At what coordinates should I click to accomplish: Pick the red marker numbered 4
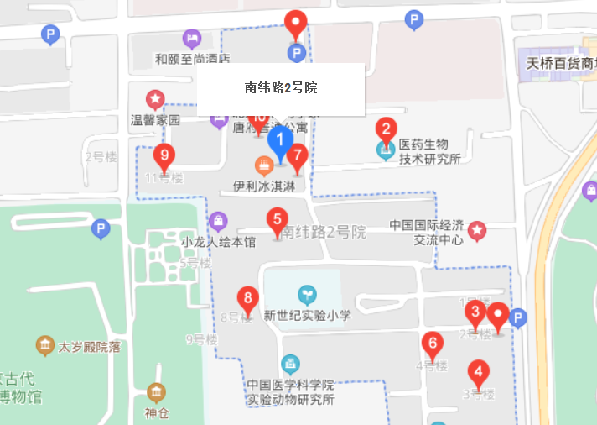[x=479, y=371]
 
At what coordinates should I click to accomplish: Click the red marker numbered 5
[x=277, y=220]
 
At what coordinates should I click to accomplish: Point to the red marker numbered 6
[x=433, y=344]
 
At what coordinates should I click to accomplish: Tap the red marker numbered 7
[x=297, y=155]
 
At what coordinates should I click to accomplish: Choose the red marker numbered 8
[x=247, y=298]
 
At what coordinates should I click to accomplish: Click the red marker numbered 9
[x=164, y=156]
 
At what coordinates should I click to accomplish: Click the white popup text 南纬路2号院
[x=280, y=88]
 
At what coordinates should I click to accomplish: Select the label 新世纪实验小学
[x=307, y=315]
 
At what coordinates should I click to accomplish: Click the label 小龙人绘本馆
[x=217, y=242]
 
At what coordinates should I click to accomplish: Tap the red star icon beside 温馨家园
[x=155, y=99]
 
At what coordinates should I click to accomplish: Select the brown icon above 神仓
[x=156, y=392]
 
